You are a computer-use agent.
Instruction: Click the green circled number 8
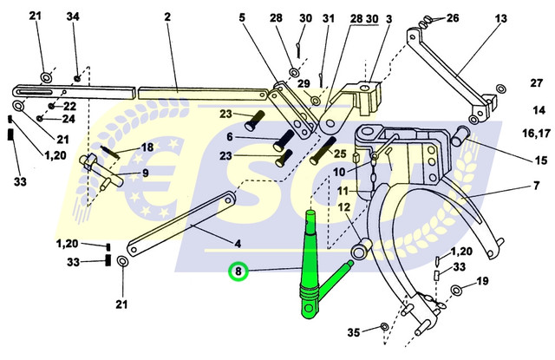(x=237, y=273)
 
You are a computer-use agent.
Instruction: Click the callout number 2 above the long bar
(x=167, y=17)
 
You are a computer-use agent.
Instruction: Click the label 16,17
(x=535, y=134)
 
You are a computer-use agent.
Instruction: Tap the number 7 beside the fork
(x=536, y=185)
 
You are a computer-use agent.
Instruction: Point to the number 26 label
(x=452, y=17)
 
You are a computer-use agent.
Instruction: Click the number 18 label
(x=147, y=147)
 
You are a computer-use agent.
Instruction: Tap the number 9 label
(x=146, y=173)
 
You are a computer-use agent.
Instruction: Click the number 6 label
(x=230, y=138)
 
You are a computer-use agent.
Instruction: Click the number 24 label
(x=69, y=119)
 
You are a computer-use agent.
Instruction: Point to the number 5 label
(x=242, y=17)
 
